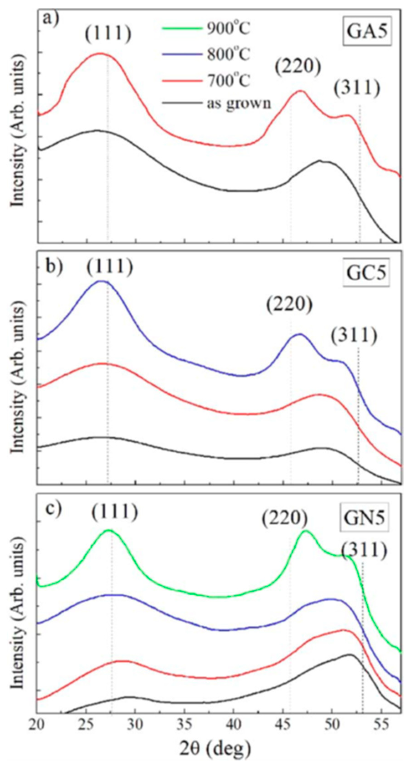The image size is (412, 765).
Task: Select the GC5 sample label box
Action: tap(366, 273)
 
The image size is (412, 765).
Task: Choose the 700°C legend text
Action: tap(229, 80)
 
